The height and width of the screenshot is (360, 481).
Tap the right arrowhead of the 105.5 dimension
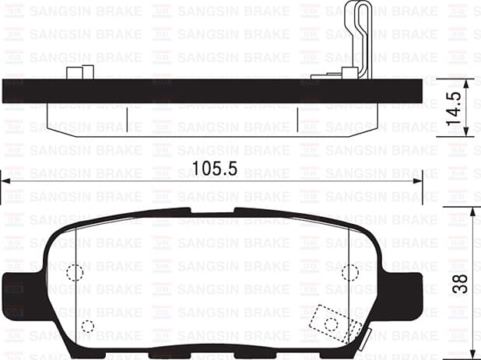(x=418, y=180)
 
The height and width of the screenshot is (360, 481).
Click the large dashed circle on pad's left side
(x=75, y=272)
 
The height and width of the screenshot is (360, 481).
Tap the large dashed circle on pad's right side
(x=350, y=272)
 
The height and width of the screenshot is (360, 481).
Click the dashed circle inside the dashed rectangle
(x=332, y=323)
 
